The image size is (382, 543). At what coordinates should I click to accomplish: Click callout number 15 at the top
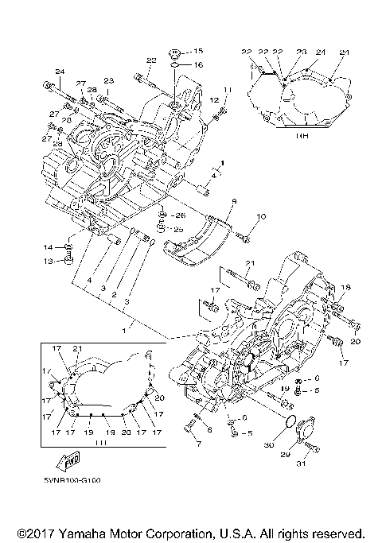coord(198,51)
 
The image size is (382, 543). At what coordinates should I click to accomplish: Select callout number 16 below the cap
coord(198,64)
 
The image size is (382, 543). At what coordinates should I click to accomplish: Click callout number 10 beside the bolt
coord(260,216)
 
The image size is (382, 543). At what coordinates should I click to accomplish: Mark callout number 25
coord(178,230)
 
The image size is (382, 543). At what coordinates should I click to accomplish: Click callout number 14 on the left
coord(48,247)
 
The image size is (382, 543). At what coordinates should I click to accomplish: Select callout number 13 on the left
coord(48,260)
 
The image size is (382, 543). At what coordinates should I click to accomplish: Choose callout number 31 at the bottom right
coord(301,464)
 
